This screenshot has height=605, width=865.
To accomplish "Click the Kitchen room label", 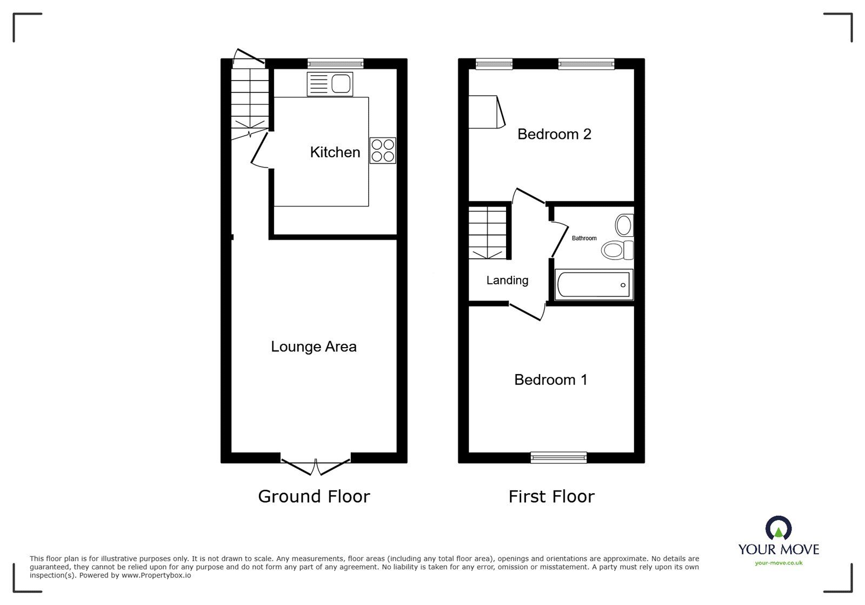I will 335,152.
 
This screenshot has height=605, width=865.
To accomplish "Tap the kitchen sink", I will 330,84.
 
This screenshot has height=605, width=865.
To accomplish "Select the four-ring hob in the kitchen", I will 383,151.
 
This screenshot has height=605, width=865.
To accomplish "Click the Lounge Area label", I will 314,347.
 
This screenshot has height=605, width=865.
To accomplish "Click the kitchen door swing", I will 261,152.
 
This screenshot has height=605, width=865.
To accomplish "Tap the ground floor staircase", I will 250,100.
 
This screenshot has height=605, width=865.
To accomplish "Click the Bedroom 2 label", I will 554,134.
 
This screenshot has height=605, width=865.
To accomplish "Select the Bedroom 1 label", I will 550,380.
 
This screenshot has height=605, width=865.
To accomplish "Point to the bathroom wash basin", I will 624,225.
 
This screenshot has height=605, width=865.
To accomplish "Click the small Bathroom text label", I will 584,238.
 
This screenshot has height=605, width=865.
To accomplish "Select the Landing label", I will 507,280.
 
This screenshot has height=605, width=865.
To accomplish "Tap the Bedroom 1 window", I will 558,457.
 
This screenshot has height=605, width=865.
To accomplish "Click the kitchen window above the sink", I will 335,63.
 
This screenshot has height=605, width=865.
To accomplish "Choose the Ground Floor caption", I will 314,496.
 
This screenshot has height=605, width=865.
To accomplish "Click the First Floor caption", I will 551,496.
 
